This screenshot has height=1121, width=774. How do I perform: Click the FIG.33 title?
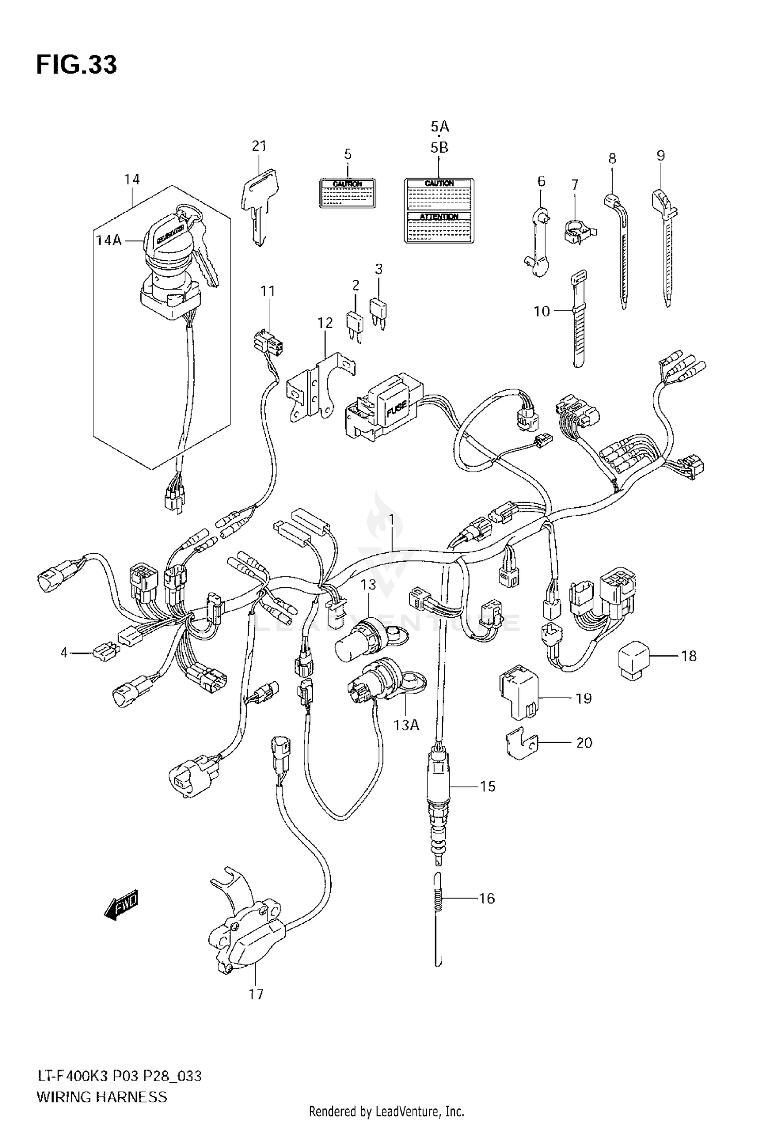click(x=76, y=65)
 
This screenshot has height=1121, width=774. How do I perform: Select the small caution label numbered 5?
click(x=347, y=193)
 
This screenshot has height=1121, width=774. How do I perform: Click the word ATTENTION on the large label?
click(x=439, y=217)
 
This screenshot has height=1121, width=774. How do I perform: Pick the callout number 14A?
click(x=109, y=241)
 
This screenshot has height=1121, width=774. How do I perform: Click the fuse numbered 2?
click(x=355, y=323)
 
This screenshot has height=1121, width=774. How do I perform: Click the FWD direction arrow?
click(x=122, y=903)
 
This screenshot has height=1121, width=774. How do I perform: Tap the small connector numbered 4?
click(x=104, y=653)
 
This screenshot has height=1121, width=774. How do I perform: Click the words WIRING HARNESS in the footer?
click(x=102, y=1093)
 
